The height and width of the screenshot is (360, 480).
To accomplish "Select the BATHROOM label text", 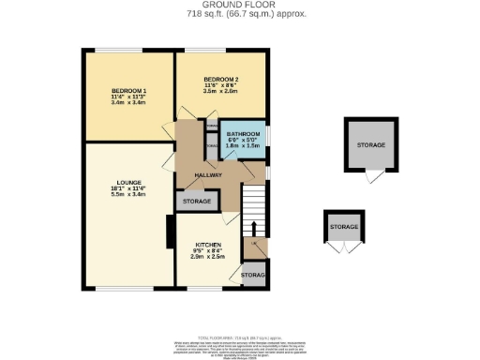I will (x=246, y=135).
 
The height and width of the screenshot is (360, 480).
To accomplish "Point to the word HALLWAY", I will (x=207, y=175).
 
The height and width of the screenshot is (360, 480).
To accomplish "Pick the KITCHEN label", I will (x=209, y=244).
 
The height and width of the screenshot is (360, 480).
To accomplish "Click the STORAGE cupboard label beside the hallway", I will (x=195, y=201).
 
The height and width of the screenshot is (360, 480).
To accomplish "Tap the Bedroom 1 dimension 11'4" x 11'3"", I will (x=128, y=96).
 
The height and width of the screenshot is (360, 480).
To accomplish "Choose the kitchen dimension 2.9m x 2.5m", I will (x=209, y=256).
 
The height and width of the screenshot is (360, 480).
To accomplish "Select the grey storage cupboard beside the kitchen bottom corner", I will (x=253, y=275).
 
